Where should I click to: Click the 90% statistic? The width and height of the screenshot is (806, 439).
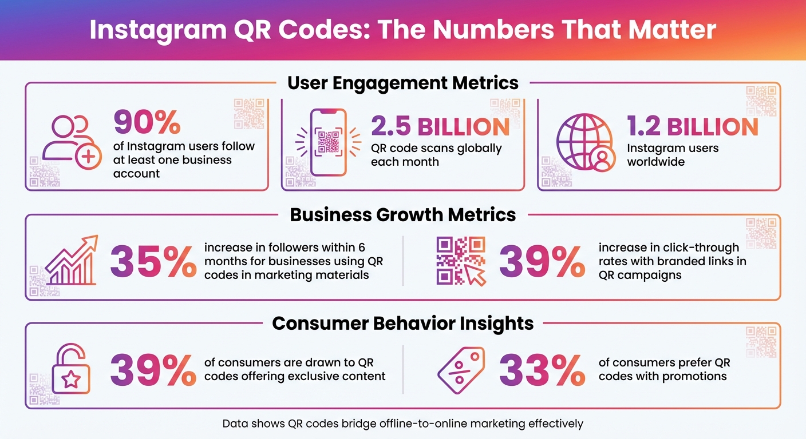pyautogui.click(x=147, y=121)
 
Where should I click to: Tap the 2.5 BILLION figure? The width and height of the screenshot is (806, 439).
pyautogui.click(x=440, y=126)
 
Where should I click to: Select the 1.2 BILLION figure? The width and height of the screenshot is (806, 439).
pyautogui.click(x=693, y=126)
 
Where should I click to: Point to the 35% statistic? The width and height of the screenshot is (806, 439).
pyautogui.click(x=153, y=261)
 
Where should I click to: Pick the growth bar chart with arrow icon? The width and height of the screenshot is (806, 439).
pyautogui.click(x=71, y=261)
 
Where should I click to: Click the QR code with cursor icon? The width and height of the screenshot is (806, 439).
pyautogui.click(x=461, y=261)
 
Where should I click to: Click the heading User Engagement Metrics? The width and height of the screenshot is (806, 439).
pyautogui.click(x=403, y=83)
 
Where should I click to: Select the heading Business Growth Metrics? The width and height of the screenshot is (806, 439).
pyautogui.click(x=403, y=215)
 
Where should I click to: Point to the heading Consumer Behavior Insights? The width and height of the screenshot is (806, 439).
pyautogui.click(x=403, y=324)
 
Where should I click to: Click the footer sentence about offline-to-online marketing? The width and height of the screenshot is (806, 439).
pyautogui.click(x=403, y=424)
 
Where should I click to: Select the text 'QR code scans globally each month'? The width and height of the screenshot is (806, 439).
pyautogui.click(x=436, y=155)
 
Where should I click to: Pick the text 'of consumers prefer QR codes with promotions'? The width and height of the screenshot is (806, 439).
pyautogui.click(x=664, y=369)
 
